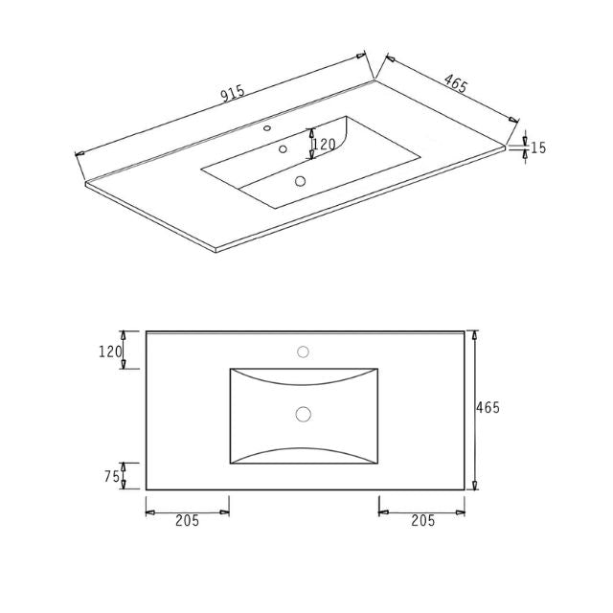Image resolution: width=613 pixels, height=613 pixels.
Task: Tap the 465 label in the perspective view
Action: [455, 84]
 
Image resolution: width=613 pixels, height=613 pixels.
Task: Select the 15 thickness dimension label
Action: [538, 148]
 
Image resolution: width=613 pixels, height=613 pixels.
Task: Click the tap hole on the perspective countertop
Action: [268, 127]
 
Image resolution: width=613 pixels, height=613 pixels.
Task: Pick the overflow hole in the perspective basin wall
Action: [283, 148]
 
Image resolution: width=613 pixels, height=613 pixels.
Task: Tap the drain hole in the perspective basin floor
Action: [301, 180]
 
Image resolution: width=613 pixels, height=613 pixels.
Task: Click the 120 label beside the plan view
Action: [111, 352]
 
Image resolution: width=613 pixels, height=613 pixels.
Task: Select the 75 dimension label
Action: [111, 476]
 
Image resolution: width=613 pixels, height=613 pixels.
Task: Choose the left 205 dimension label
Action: [187, 521]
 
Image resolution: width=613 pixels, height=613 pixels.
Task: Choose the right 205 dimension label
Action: [422, 521]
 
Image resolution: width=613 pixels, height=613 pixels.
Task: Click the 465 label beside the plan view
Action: [488, 408]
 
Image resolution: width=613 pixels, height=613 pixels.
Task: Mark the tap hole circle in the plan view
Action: [303, 352]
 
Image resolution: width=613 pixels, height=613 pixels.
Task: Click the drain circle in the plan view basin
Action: [304, 414]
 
